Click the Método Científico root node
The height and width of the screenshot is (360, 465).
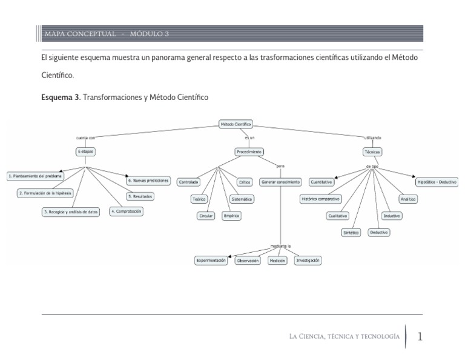[x=235, y=124]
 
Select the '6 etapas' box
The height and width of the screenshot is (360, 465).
[x=85, y=151]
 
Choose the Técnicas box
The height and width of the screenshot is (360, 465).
[x=372, y=151]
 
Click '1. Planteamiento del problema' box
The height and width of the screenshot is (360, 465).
[x=35, y=176]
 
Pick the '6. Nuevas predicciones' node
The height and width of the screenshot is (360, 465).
[x=148, y=181]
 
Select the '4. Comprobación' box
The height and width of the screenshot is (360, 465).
[x=126, y=211]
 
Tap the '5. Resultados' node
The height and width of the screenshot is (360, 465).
[x=140, y=196]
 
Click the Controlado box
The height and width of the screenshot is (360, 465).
[x=189, y=182]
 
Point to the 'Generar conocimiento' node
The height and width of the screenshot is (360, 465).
[x=280, y=182]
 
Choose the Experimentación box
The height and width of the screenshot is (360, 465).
[x=211, y=260]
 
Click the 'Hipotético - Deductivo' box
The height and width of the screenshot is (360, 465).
[x=437, y=182]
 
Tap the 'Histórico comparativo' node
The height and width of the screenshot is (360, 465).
[x=320, y=199]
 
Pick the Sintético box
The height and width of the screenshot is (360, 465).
[x=351, y=232]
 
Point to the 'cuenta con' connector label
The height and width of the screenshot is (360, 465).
[x=85, y=138]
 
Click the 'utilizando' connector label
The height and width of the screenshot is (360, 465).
[x=372, y=138]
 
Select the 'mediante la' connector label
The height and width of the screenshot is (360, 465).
[x=280, y=246]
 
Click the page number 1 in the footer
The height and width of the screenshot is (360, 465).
[x=420, y=336]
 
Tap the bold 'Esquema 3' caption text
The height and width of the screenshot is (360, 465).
[x=60, y=97]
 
